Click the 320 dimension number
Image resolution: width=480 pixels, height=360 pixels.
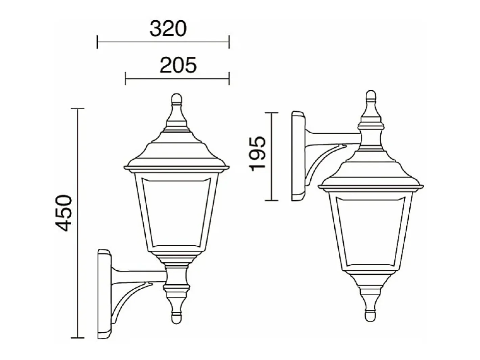point(168,29)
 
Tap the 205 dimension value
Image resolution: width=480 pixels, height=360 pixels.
point(178,65)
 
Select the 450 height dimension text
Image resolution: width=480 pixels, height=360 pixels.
point(64,213)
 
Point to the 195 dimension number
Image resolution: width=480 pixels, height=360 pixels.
point(257,154)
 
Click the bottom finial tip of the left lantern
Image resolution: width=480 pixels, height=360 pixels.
point(176,319)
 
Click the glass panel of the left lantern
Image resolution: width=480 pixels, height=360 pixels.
point(176,212)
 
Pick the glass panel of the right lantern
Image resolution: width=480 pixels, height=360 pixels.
point(370,231)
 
